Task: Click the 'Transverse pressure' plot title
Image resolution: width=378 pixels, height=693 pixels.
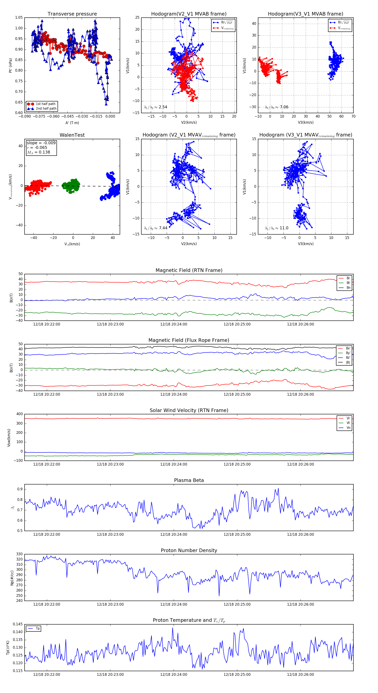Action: pyautogui.click(x=72, y=14)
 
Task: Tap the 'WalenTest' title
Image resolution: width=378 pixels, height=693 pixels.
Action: pyautogui.click(x=72, y=135)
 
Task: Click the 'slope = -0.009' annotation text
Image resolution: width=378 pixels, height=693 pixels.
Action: pyautogui.click(x=41, y=143)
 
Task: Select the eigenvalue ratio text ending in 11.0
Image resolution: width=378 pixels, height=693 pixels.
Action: pyautogui.click(x=277, y=228)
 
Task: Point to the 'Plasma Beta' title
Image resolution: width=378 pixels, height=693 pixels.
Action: pyautogui.click(x=189, y=480)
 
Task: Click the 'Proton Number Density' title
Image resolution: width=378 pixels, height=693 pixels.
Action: pyautogui.click(x=189, y=550)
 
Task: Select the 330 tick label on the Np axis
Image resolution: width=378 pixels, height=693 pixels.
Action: pyautogui.click(x=19, y=554)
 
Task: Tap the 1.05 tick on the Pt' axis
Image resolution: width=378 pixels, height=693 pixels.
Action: pyautogui.click(x=19, y=17)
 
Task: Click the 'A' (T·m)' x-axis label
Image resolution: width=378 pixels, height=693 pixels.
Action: pyautogui.click(x=72, y=123)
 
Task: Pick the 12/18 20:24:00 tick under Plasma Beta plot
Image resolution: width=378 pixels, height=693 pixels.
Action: pyautogui.click(x=173, y=534)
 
